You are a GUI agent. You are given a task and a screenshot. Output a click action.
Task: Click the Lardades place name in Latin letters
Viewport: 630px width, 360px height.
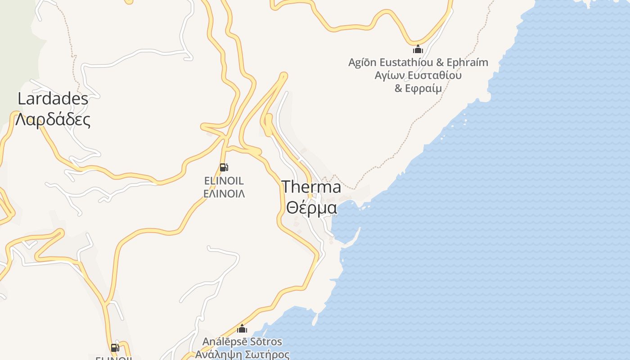53,98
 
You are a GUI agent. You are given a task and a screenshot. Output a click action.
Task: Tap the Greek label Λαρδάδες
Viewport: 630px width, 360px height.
53,119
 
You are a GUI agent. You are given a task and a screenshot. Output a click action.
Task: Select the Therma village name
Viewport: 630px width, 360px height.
311,187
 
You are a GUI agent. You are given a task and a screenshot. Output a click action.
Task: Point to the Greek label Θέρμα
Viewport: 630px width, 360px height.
311,208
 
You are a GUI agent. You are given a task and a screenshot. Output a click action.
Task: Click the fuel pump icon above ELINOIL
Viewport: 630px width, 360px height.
224,167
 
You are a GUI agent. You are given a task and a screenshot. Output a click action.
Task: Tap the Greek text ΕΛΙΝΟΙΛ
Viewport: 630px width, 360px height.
224,194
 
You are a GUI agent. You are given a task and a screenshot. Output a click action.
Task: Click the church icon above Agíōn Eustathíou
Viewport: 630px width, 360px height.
418,49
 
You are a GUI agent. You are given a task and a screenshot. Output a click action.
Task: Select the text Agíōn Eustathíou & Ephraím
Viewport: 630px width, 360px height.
418,62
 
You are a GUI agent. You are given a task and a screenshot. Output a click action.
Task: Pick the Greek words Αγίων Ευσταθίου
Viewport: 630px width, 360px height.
418,75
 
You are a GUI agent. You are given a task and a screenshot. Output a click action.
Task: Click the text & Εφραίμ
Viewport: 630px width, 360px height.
418,88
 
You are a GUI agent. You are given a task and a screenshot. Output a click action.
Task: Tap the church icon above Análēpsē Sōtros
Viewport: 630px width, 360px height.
243,328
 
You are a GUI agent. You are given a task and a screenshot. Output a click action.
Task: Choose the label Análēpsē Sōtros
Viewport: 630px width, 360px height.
242,342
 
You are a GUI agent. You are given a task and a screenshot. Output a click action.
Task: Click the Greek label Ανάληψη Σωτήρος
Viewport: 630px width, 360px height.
242,354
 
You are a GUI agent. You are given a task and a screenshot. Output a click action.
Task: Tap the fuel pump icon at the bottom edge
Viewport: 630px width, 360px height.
115,347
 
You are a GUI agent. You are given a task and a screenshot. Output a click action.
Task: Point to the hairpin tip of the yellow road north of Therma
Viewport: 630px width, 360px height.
283,75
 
